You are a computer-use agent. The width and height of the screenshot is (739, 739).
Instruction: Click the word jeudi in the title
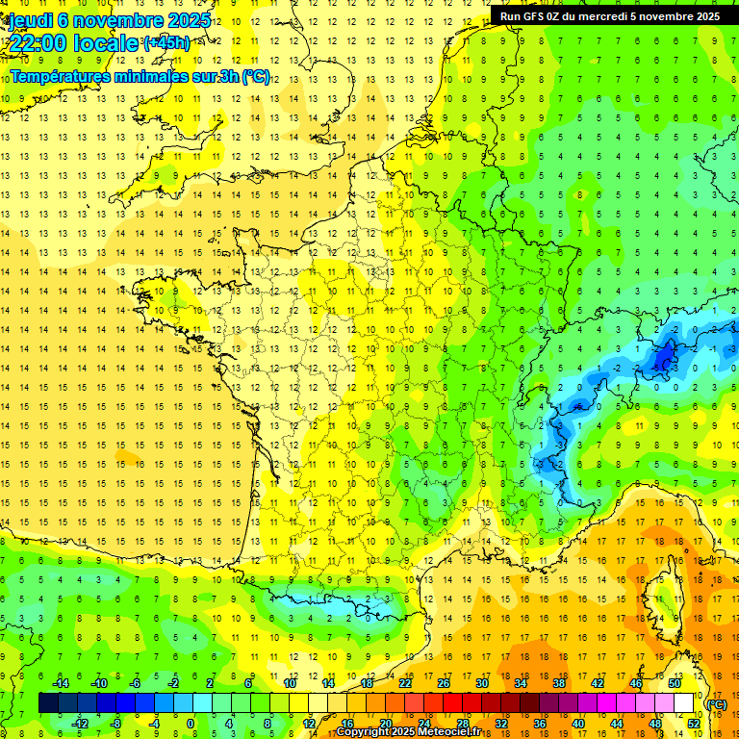[30, 20]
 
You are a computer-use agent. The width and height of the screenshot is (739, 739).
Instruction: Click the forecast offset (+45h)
[166, 43]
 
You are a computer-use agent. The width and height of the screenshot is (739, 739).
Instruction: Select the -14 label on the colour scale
[61, 683]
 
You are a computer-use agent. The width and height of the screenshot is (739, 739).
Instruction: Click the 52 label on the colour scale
[694, 723]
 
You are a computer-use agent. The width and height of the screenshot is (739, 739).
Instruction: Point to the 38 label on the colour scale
[558, 683]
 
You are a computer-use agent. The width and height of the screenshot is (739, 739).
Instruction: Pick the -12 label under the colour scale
[80, 723]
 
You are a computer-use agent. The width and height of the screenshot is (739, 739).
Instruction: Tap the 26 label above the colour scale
[444, 683]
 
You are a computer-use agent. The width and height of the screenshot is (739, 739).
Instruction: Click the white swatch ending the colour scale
[684, 703]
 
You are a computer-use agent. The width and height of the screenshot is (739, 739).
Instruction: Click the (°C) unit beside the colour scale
[716, 704]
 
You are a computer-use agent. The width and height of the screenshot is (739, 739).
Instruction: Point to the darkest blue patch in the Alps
[663, 358]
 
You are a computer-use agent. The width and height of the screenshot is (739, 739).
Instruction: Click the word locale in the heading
[109, 43]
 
